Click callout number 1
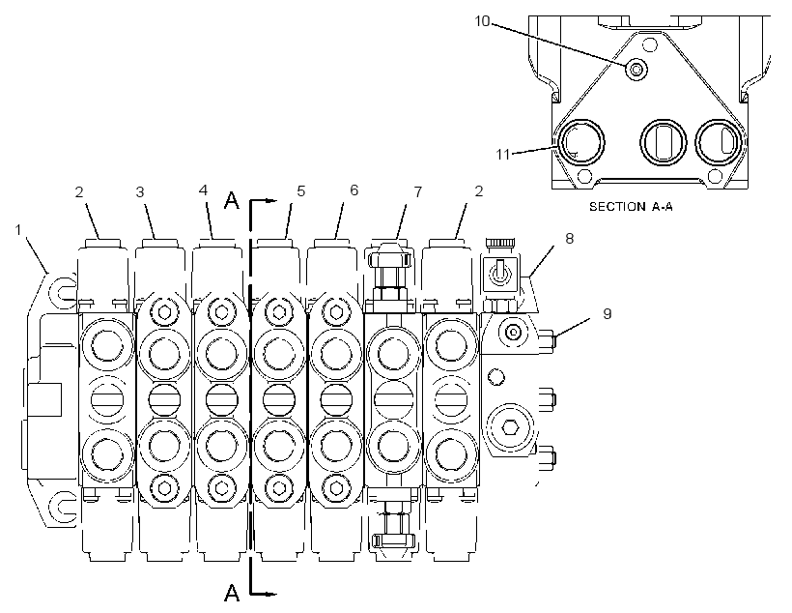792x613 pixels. (18, 230)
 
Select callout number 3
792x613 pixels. (140, 192)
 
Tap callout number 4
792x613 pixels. (203, 190)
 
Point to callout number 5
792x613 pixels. (301, 191)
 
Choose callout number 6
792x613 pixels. (354, 190)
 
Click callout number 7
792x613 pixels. (417, 192)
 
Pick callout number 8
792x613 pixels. (569, 238)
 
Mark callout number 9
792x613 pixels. (608, 314)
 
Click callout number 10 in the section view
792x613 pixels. (482, 21)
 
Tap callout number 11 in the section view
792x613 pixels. (503, 154)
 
